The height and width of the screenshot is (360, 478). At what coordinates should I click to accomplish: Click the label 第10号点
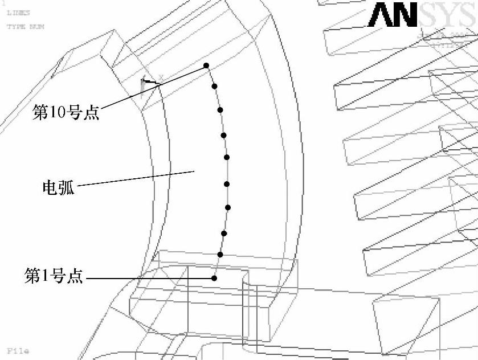[x=66, y=113]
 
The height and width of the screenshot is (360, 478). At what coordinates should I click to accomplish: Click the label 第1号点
[x=54, y=277]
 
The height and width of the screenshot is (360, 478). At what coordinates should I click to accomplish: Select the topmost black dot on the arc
[x=206, y=66]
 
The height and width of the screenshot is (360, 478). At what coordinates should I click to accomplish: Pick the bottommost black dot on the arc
[x=214, y=278]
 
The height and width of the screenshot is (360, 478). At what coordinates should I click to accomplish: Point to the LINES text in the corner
[x=18, y=12]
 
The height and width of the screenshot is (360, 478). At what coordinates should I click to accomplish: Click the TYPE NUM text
[x=25, y=26]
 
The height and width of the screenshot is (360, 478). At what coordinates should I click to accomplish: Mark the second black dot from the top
[x=215, y=86]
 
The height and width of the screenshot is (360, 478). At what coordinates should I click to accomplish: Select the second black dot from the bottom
[x=220, y=255]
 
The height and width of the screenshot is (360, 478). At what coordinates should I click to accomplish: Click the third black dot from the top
[x=220, y=109]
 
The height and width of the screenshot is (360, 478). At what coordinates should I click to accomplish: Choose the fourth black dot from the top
[x=224, y=135]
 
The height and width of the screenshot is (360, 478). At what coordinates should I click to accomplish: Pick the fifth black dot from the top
[x=227, y=157]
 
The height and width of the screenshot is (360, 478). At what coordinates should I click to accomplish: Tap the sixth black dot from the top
[x=227, y=184]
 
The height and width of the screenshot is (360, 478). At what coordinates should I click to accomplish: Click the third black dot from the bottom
[x=224, y=233]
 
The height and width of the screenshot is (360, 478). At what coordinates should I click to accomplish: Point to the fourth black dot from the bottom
[x=227, y=207]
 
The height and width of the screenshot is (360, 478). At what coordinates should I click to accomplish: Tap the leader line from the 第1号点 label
[x=148, y=278]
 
